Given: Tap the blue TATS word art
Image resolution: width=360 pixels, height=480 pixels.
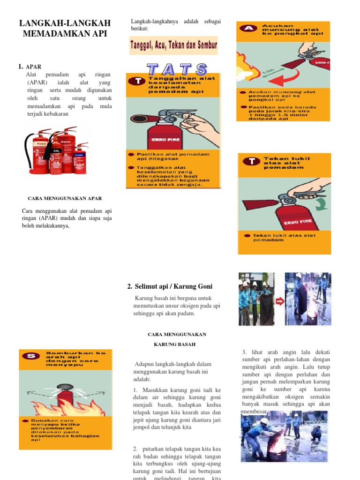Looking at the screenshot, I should [177, 69].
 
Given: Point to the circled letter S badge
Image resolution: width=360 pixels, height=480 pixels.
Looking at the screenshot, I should [32, 356].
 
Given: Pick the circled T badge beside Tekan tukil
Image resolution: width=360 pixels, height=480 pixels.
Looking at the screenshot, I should [253, 162].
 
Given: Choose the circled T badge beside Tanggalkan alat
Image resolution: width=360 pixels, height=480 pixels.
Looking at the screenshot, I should [137, 82].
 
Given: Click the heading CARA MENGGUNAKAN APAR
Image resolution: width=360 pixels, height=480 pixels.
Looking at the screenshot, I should [65, 198].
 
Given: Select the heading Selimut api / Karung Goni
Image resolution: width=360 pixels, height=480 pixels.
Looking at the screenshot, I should [170, 286].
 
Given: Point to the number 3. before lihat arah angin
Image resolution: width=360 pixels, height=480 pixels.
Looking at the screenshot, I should [244, 352].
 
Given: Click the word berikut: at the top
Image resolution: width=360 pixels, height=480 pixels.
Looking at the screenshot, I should [140, 29].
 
